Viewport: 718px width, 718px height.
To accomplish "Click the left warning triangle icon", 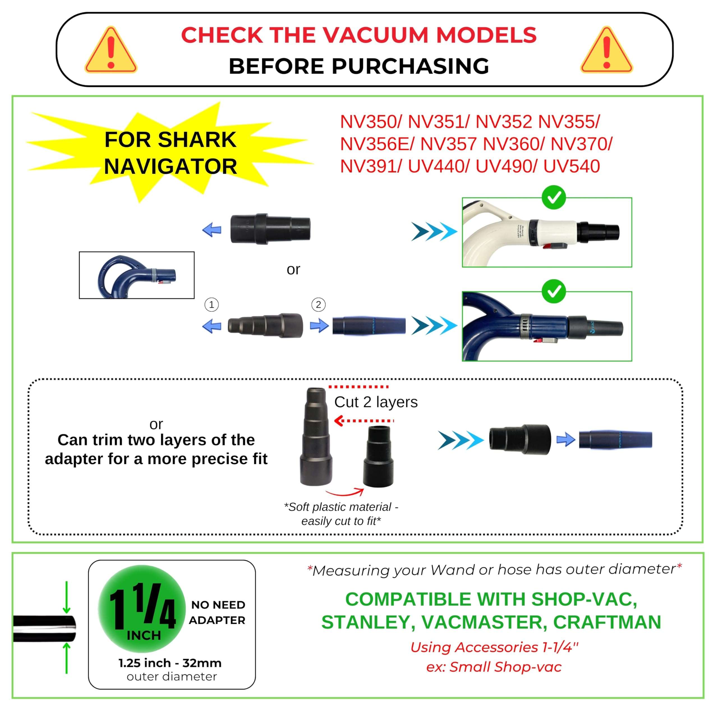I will (111, 51).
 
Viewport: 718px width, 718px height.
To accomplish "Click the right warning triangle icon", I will (606, 51).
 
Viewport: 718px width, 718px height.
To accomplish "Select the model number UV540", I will (571, 166).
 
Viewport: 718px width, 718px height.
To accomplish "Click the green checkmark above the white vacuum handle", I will (554, 197).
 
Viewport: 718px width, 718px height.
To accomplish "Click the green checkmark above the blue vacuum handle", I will (554, 291).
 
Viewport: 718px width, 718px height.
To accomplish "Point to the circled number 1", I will (211, 305).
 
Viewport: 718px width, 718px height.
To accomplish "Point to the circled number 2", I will (318, 305).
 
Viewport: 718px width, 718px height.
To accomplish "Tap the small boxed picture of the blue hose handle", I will (136, 275).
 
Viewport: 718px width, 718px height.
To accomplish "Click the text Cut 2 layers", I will (376, 402).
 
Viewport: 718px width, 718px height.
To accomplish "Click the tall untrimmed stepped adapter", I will (316, 437).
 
